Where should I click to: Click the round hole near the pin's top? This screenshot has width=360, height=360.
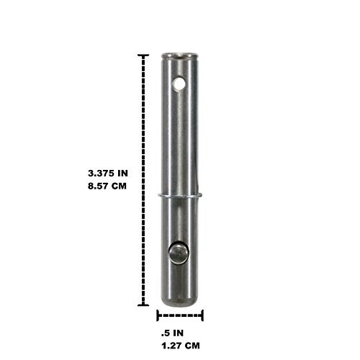179,84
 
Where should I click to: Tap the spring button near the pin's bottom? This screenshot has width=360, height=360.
179,253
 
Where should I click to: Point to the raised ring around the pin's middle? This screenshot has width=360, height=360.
180,195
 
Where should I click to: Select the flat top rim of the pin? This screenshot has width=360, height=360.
179,55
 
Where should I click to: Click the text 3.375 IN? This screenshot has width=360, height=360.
108,174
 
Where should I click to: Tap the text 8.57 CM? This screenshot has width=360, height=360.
107,186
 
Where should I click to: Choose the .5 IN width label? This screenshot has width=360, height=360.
172,333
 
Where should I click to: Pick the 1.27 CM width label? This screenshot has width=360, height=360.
181,346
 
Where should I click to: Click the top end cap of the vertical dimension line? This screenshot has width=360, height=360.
143,55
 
